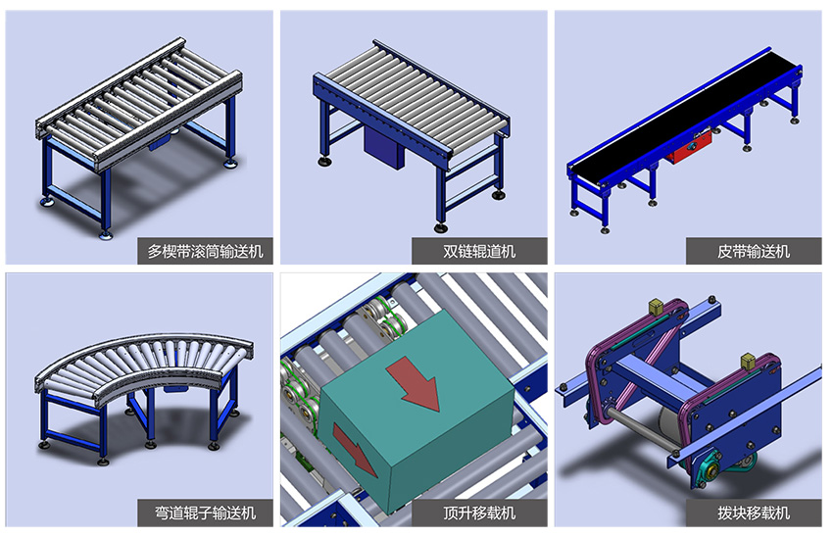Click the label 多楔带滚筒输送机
205,251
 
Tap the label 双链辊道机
479,251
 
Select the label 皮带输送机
754,251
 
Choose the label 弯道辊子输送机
205,513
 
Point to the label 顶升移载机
479,513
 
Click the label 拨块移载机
754,513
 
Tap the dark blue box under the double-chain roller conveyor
384,146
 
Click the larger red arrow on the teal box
415,383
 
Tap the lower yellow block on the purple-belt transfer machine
748,361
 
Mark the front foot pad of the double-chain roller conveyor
440,228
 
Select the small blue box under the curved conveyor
176,388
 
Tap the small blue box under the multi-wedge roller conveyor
160,142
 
